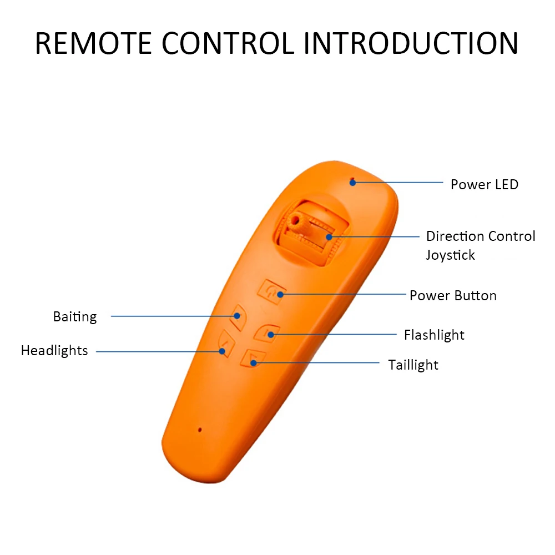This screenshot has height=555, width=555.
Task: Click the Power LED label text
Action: (x=484, y=185)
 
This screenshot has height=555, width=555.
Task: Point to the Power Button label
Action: (x=453, y=295)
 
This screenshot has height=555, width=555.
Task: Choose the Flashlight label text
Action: (x=434, y=335)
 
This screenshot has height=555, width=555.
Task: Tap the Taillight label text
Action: (x=413, y=365)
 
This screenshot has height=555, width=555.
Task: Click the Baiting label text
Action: (x=75, y=317)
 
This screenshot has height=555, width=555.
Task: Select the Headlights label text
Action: (x=54, y=351)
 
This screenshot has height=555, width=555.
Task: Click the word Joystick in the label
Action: (x=450, y=255)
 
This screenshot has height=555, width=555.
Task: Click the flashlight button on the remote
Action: (x=267, y=332)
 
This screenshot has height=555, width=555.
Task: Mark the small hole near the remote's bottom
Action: (x=199, y=429)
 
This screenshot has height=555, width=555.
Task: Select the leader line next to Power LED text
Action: (x=400, y=182)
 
